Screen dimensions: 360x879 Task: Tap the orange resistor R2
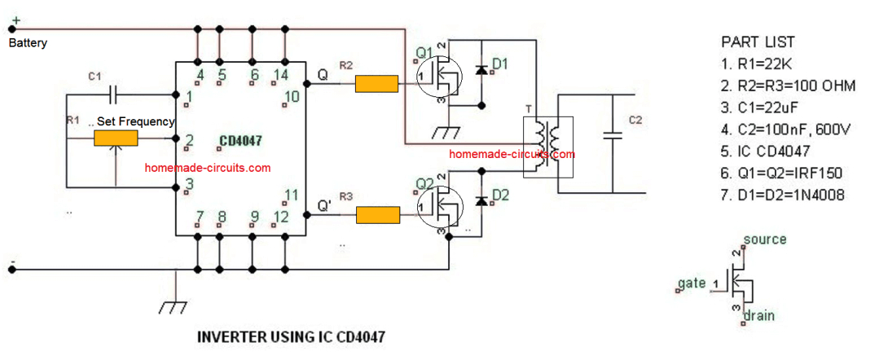(x=376, y=83)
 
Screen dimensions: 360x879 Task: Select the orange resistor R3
(x=377, y=215)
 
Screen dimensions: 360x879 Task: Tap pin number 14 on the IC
(x=283, y=76)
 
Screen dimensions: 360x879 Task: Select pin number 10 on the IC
(x=292, y=97)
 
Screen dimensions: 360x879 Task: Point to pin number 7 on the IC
(x=200, y=217)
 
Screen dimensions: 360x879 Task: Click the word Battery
(x=28, y=43)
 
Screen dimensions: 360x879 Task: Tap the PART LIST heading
(x=758, y=42)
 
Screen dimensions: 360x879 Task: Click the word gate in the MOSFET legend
(x=692, y=283)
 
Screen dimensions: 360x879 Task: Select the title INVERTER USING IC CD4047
(x=292, y=336)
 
